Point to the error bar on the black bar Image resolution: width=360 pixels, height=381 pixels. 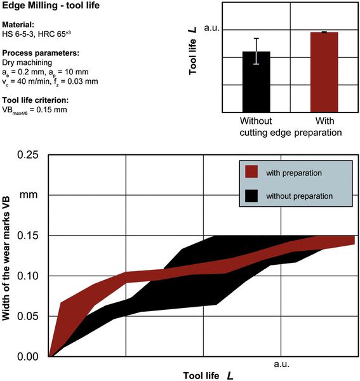tap(256, 51)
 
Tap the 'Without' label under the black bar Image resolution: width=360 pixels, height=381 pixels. tap(256, 121)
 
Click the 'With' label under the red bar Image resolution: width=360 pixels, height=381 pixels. tap(324, 121)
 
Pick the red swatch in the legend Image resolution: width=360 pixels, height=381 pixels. tap(251, 172)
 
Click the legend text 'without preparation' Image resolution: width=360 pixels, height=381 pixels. tap(300, 196)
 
